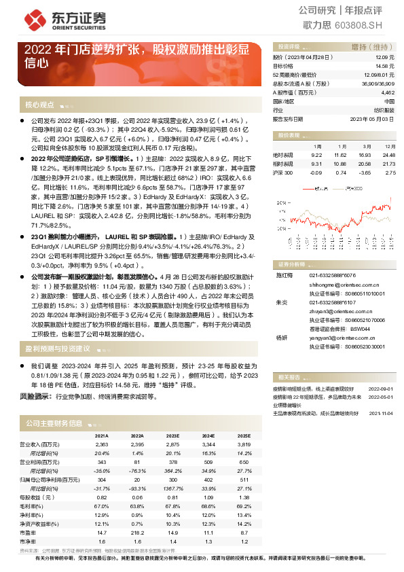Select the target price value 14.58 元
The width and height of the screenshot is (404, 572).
tap(385, 67)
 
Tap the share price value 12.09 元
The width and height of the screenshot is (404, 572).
tap(385, 58)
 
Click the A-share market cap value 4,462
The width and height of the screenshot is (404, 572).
tap(388, 92)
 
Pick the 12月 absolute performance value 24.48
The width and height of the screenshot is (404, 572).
tap(388, 155)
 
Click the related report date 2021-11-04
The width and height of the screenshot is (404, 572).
tap(380, 412)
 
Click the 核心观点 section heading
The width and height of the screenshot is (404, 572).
tap(40, 106)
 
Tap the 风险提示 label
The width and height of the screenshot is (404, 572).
tap(36, 395)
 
